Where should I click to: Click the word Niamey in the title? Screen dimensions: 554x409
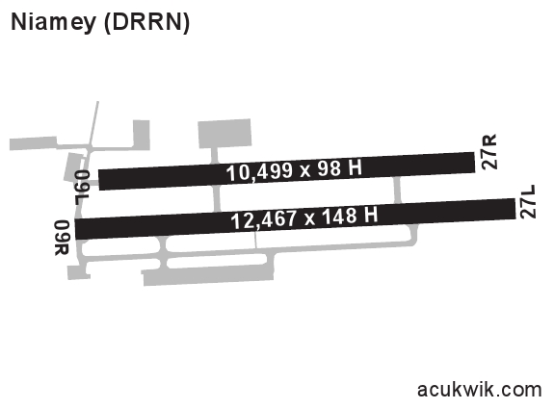coord(53,22)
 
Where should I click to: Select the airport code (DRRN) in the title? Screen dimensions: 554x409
coord(147,22)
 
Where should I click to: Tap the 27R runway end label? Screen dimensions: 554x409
coord(489,152)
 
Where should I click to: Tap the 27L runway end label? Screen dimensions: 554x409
coord(528,201)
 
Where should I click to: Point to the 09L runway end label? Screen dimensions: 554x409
coord(82,188)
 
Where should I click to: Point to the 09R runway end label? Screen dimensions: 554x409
coord(62,238)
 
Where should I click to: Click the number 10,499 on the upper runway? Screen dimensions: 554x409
coord(260,172)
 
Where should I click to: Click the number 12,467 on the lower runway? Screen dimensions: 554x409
coord(264,219)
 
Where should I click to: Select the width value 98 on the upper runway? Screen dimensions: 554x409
coord(330,169)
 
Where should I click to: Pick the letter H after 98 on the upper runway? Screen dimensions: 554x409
coord(356,167)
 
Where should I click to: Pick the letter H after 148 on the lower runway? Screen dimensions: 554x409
coord(371,215)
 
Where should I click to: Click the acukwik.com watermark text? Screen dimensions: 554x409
coord(479,390)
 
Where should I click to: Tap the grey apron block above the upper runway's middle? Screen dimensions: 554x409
coord(224,134)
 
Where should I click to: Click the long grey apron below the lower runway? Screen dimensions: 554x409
coord(208,275)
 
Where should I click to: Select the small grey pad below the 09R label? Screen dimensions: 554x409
coord(78,272)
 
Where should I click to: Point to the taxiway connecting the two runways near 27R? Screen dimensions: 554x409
coord(397,190)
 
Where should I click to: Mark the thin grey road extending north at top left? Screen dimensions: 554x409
coord(93,123)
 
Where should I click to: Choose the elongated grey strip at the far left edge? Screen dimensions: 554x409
coord(33,143)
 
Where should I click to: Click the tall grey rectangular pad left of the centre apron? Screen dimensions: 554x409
coord(142,135)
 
